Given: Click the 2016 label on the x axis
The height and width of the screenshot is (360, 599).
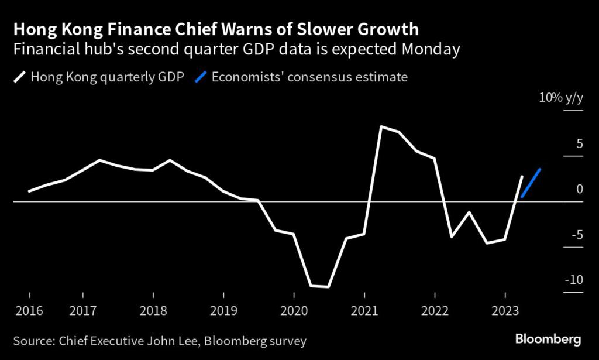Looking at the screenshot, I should pos(29,310).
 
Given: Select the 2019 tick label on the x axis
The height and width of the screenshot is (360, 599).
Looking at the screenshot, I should pos(223,310).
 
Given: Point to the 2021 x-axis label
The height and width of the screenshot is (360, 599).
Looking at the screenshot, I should pos(364,310).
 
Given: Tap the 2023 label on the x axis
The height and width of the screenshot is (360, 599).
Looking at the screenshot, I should pos(505,310).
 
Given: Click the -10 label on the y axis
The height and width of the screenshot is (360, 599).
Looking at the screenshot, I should pos(573,280).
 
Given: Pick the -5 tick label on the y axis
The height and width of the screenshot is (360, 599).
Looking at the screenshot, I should pos(576,235).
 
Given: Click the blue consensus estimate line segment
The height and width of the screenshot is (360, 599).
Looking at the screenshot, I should pos(531,183).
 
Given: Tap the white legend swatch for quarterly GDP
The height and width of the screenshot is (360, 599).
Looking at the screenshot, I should pos(19,77).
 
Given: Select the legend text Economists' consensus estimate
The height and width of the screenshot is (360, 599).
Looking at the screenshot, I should pos(309,77).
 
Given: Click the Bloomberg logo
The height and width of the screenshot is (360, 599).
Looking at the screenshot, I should pos(548,340).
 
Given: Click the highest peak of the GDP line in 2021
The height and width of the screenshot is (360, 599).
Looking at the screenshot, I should pos(381,126).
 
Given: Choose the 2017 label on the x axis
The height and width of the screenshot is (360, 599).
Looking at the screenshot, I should pos(82,310).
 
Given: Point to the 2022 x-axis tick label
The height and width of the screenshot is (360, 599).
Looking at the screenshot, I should pos(435,310).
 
